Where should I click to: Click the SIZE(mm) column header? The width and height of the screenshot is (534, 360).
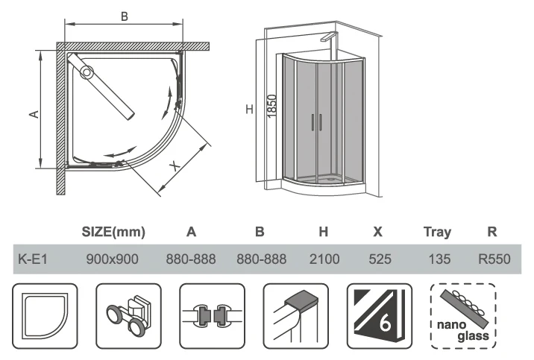113,232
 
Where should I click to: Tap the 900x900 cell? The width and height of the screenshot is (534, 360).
113,259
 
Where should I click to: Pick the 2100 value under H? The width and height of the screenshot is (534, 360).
324,259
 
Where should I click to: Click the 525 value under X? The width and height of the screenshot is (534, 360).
378,259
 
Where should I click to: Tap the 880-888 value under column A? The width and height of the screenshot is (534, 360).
191,259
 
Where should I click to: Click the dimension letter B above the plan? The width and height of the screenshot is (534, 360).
125,15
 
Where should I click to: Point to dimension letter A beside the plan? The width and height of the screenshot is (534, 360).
33,113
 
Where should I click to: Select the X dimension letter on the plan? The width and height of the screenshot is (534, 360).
175,166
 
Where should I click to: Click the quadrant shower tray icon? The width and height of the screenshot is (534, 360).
45,314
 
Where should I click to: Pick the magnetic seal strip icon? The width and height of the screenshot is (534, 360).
210,314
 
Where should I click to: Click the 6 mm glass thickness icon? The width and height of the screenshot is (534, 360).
379,314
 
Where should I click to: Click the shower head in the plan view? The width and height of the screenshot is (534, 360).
87,72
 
